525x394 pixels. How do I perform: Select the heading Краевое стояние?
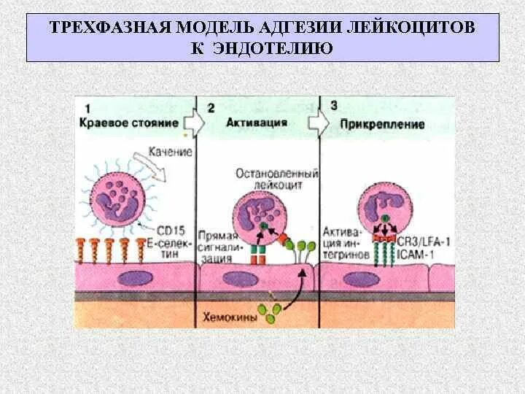pyautogui.click(x=128, y=123)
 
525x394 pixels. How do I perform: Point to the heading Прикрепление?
pyautogui.click(x=382, y=124)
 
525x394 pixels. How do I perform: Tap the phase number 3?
pyautogui.click(x=333, y=106)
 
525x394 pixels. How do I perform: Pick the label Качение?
pyautogui.click(x=170, y=152)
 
